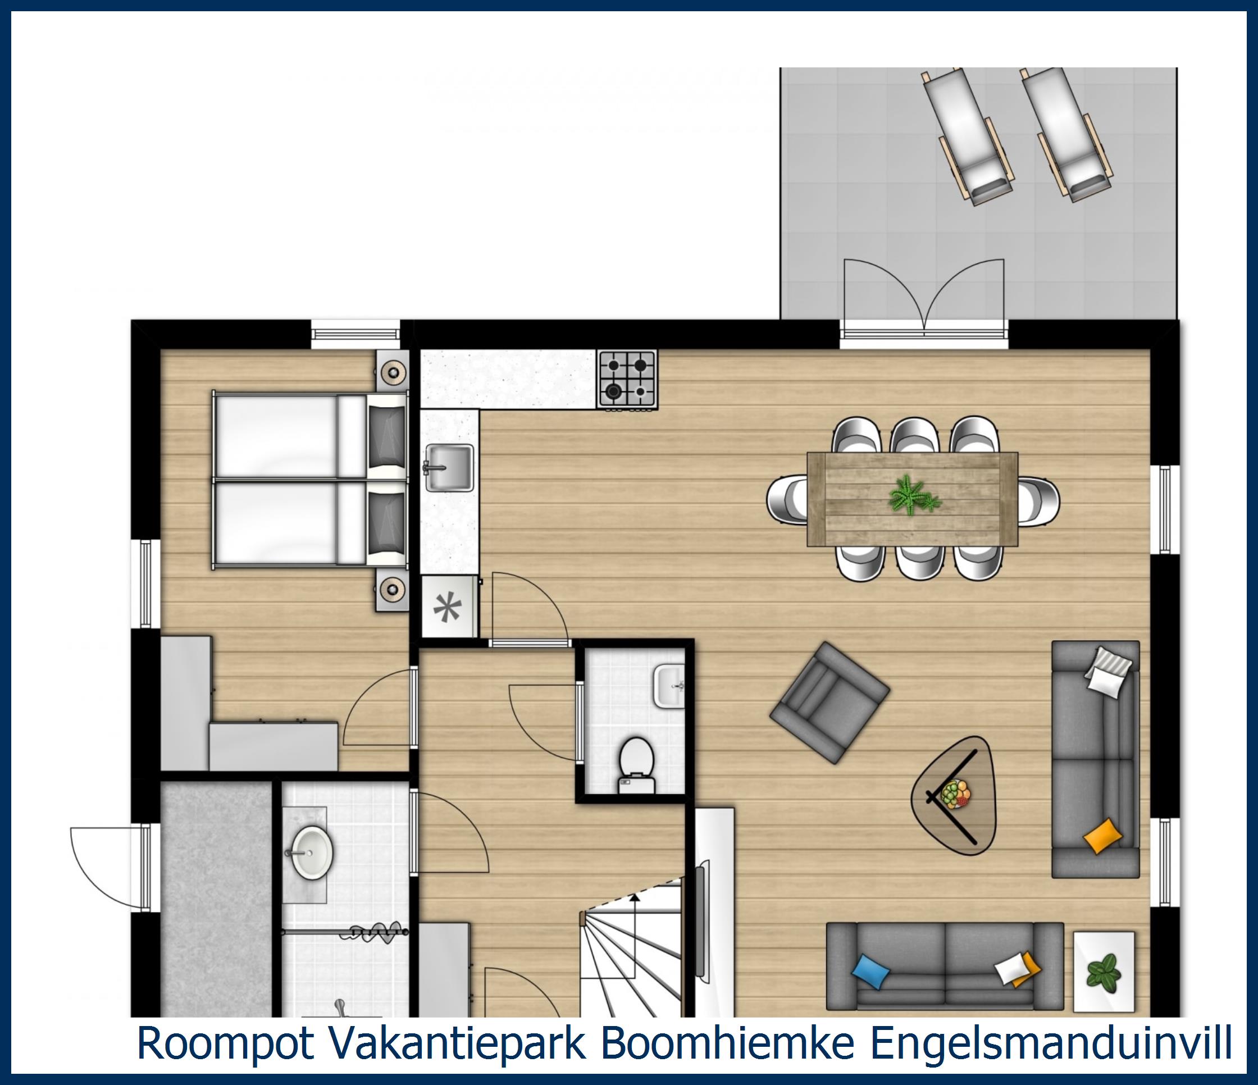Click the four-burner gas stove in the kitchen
(x=627, y=379)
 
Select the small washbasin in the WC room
(x=669, y=687)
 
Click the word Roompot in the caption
(x=225, y=1042)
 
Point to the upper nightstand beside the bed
(x=391, y=370)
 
